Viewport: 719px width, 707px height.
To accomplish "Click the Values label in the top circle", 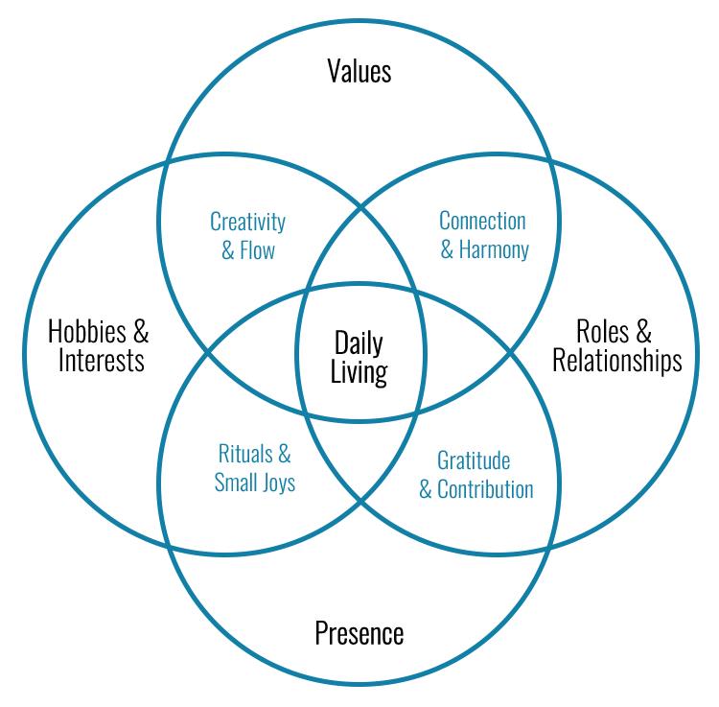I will pyautogui.click(x=359, y=71).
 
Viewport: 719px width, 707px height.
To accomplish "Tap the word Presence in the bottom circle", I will pyautogui.click(x=359, y=634).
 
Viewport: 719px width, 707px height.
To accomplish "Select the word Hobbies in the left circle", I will pyautogui.click(x=87, y=333).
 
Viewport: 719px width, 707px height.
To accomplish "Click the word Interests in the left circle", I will pyautogui.click(x=101, y=361).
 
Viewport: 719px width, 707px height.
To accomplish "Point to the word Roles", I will pyautogui.click(x=601, y=332).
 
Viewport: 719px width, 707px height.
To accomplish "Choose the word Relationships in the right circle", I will pyautogui.click(x=617, y=361).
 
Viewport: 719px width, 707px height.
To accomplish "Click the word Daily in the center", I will pyautogui.click(x=359, y=342).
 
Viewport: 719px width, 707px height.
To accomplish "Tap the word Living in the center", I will pyautogui.click(x=359, y=371).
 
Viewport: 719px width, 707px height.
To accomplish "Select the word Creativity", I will pyautogui.click(x=247, y=222).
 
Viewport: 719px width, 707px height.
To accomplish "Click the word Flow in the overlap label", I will pyautogui.click(x=257, y=250).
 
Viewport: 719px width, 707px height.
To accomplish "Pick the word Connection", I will pyautogui.click(x=482, y=221).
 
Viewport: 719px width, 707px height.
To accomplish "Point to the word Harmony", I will pyautogui.click(x=494, y=249).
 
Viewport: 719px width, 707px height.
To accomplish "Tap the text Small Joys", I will pyautogui.click(x=255, y=482).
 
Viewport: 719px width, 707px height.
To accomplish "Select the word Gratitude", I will pyautogui.click(x=474, y=460).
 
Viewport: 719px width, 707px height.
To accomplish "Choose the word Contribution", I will pyautogui.click(x=485, y=489).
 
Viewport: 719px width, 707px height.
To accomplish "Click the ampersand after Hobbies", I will pyautogui.click(x=140, y=333).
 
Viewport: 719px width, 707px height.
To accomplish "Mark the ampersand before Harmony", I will pyautogui.click(x=447, y=249).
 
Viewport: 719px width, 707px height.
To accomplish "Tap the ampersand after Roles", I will pyautogui.click(x=642, y=332).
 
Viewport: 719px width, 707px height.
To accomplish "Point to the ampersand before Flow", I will pyautogui.click(x=228, y=250).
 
